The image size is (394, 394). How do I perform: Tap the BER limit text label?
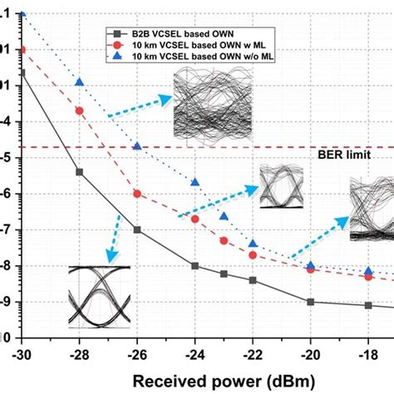[343, 155]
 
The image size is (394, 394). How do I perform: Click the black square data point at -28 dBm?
[80, 172]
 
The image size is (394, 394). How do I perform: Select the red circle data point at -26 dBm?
[137, 194]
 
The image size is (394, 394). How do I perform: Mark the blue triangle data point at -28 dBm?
[80, 81]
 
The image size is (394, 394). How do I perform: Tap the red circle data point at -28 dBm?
[80, 111]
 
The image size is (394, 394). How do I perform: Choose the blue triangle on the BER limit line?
[137, 146]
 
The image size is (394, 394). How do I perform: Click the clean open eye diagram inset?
[99, 297]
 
